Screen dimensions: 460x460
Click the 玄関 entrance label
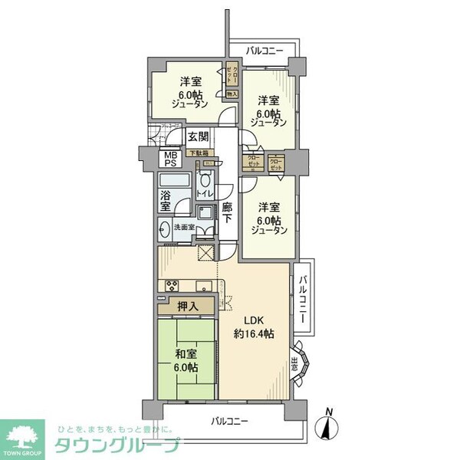(197, 138)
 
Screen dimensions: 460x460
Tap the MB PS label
(169, 159)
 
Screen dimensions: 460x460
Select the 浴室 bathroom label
(166, 201)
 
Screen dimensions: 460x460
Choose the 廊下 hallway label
(228, 212)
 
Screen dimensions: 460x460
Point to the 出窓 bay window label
(296, 366)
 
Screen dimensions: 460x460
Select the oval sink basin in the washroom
(165, 228)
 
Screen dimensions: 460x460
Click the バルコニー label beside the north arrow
(232, 421)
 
